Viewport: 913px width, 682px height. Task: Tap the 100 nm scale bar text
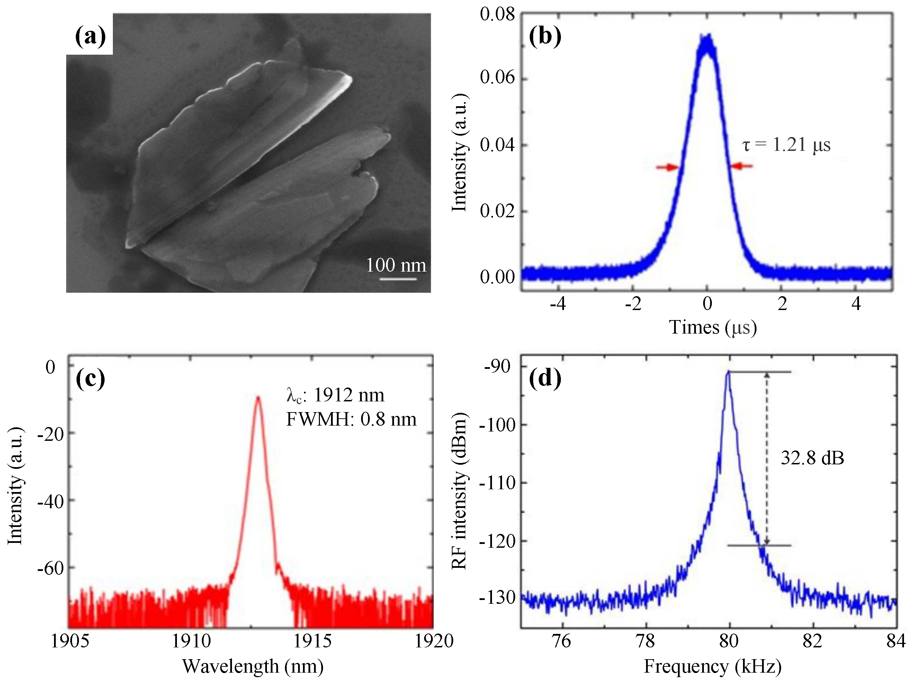(x=396, y=265)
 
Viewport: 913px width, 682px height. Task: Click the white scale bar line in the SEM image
(x=398, y=279)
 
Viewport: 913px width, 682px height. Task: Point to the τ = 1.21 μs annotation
(x=786, y=145)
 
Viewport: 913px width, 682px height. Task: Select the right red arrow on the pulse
(x=741, y=166)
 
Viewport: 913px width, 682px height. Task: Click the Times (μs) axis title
(x=713, y=328)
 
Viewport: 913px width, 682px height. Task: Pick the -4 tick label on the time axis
(x=558, y=304)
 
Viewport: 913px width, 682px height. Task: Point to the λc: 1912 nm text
(x=335, y=395)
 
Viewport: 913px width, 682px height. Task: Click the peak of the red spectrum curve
(x=258, y=397)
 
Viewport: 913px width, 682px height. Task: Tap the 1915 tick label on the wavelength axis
(x=312, y=641)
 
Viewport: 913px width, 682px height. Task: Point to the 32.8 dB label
(x=812, y=458)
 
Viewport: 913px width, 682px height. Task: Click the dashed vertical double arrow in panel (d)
(x=767, y=458)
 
